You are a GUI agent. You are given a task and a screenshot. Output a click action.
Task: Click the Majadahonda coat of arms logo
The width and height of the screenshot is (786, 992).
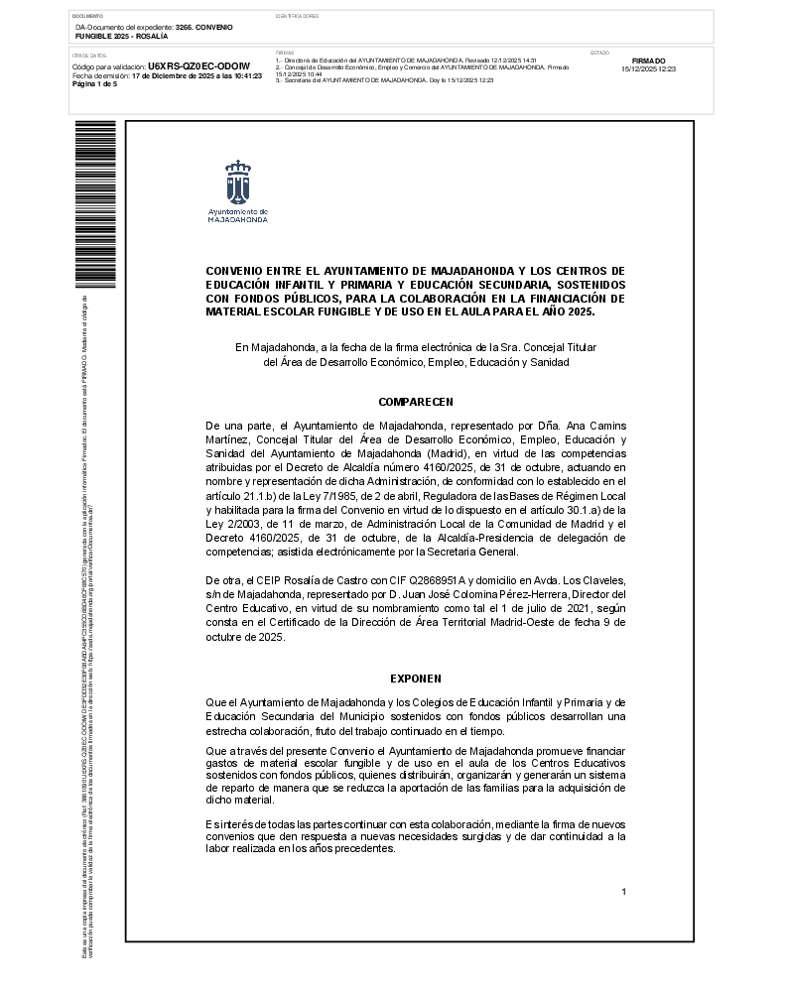[x=237, y=182]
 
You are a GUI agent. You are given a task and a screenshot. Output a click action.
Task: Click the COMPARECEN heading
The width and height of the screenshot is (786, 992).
[x=415, y=402]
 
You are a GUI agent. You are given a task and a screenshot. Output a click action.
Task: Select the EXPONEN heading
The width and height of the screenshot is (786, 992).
[x=415, y=680]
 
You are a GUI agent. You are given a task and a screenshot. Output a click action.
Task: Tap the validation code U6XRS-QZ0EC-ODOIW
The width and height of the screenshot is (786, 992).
[x=198, y=67]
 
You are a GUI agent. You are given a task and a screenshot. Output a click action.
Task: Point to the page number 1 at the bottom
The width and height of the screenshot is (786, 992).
[x=623, y=892]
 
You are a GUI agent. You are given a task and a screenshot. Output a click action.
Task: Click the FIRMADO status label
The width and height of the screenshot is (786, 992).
[x=648, y=61]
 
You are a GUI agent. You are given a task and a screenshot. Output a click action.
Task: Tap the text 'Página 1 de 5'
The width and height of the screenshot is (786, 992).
[x=94, y=84]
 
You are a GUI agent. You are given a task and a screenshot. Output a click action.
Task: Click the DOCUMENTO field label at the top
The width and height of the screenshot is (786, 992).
[x=88, y=17]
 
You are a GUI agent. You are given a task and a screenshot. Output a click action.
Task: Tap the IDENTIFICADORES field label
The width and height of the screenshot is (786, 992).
[x=297, y=17]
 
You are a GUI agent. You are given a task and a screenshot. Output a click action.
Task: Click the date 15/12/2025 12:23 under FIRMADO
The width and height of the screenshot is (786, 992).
[x=648, y=69]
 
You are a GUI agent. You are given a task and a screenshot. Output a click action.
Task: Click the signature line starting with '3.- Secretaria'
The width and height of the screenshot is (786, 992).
[x=384, y=80]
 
